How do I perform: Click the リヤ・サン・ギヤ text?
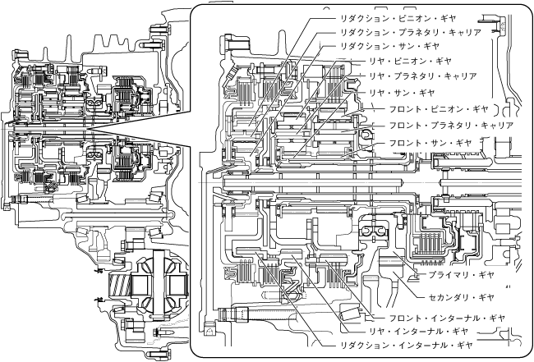coord(403,93)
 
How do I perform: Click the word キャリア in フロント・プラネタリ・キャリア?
coord(494,126)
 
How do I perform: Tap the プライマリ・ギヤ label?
coord(462,276)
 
